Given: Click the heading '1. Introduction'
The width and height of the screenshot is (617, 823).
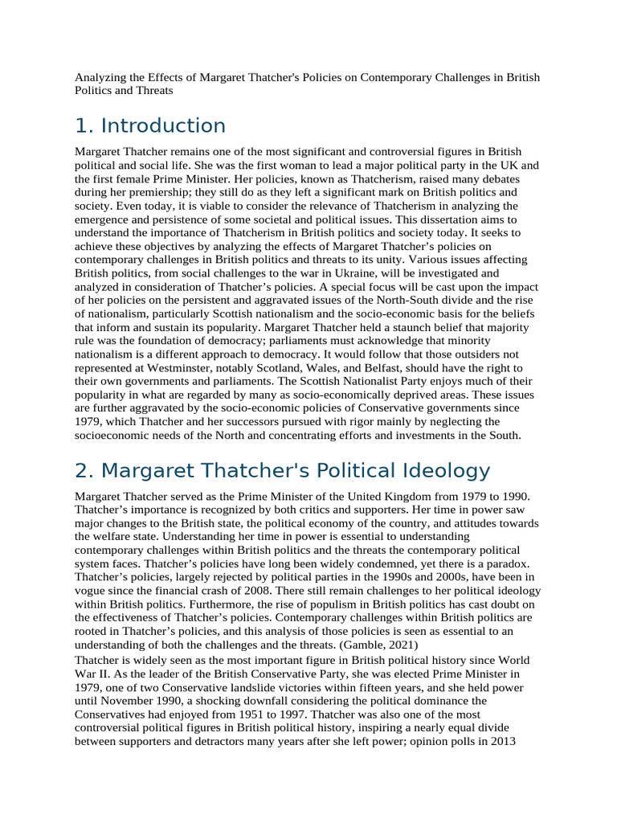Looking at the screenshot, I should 150,126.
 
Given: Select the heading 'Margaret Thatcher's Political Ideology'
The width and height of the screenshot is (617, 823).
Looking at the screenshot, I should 282,471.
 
